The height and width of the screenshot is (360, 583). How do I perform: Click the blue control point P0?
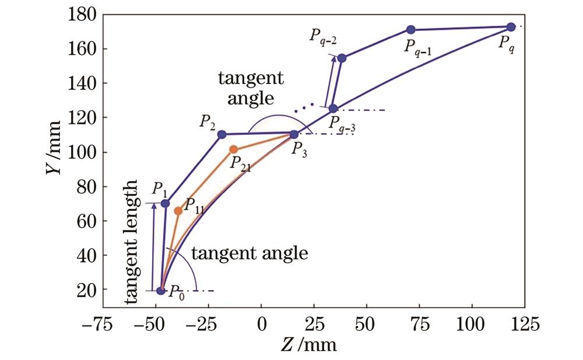pos(161,291)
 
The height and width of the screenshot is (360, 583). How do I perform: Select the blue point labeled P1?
pos(165,203)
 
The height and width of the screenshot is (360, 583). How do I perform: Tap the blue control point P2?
pos(222,134)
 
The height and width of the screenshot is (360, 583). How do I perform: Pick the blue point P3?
pos(294,134)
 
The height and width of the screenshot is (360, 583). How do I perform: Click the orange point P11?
pos(178,211)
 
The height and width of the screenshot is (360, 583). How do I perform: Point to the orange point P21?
pos(234,149)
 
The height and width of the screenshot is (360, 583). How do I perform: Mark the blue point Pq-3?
pos(333,109)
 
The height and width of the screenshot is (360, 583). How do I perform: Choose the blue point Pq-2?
pos(342,58)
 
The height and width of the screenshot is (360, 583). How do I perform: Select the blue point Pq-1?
pos(410,30)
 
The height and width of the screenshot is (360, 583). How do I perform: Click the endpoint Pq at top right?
pos(511,27)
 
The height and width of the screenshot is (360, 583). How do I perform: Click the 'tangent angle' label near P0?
pos(249,253)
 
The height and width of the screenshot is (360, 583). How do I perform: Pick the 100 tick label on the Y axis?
pos(85,152)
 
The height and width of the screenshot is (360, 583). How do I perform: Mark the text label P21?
pos(240,165)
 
